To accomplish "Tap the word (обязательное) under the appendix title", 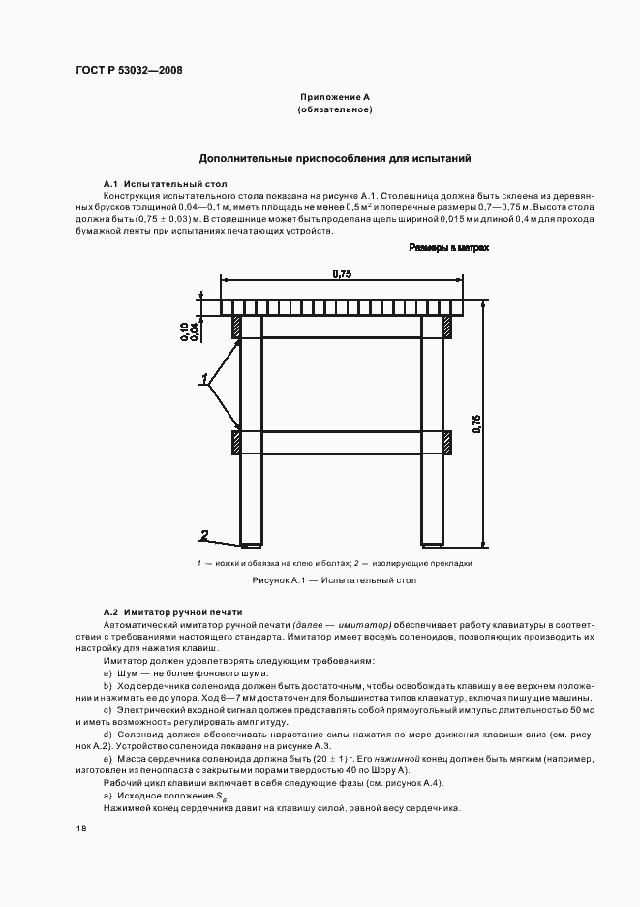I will pyautogui.click(x=335, y=109).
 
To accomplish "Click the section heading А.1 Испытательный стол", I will pyautogui.click(x=165, y=183).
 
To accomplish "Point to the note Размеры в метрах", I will pyautogui.click(x=448, y=248).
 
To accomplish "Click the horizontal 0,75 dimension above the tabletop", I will pyautogui.click(x=341, y=274).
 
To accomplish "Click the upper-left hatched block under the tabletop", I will pyautogui.click(x=235, y=327).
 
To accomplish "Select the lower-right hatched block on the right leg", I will pyautogui.click(x=448, y=443).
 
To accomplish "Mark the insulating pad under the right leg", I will pyautogui.click(x=433, y=544).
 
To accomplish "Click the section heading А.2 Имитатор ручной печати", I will pyautogui.click(x=172, y=612).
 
